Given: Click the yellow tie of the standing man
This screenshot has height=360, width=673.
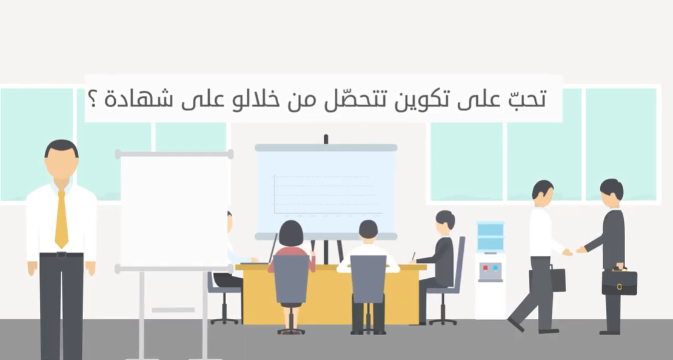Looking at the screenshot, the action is click(x=61, y=218).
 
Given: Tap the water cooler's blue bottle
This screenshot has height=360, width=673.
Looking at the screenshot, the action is click(x=490, y=236).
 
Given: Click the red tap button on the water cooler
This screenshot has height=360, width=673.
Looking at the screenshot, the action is click(x=486, y=268).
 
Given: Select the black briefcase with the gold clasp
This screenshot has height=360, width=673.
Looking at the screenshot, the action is click(x=620, y=281).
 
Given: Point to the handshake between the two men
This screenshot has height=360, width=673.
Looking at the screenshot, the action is click(x=574, y=250).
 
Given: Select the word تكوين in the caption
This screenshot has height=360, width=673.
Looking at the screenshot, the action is click(x=414, y=99).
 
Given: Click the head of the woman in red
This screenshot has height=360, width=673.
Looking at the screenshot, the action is click(x=291, y=233).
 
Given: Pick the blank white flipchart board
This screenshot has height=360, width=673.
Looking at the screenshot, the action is click(x=174, y=211).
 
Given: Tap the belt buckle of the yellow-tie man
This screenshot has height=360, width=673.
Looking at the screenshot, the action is click(x=61, y=255).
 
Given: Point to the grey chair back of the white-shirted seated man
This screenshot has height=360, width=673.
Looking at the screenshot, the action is click(x=368, y=279).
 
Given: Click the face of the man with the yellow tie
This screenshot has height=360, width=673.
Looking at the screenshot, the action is click(x=61, y=165).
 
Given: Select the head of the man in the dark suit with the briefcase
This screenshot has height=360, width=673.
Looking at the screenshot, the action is click(x=611, y=193).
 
